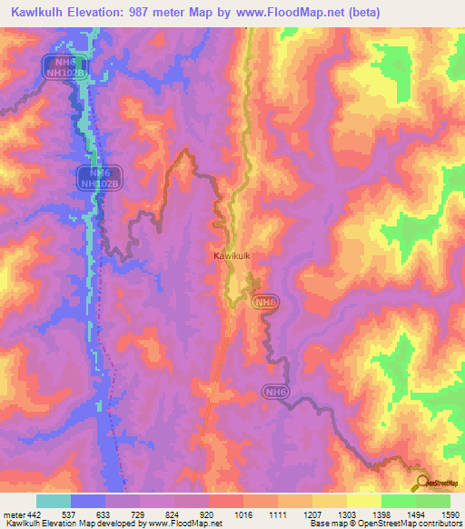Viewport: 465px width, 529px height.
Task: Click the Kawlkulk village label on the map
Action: (232, 257)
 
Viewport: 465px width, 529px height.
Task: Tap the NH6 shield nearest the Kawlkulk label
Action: (264, 302)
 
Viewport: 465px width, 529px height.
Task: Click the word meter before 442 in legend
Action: (14, 514)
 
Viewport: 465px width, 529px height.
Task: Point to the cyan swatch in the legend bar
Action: (53, 501)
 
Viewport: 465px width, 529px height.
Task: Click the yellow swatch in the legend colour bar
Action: (363, 501)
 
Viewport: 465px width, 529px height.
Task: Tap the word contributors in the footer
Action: (439, 524)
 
